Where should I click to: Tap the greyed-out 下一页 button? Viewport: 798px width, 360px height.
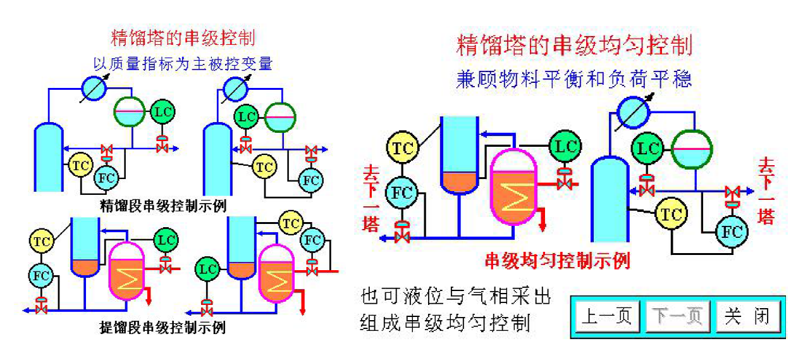click(x=677, y=316)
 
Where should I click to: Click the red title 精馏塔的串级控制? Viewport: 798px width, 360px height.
click(x=183, y=37)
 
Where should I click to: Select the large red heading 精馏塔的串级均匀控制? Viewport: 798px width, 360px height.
click(x=574, y=46)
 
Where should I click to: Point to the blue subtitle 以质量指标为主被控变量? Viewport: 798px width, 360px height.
click(x=183, y=63)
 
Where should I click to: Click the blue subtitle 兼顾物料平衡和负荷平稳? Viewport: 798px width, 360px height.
click(x=574, y=79)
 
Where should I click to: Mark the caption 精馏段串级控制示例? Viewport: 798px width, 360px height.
click(x=163, y=206)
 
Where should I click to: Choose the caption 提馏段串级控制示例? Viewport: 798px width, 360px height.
click(x=163, y=328)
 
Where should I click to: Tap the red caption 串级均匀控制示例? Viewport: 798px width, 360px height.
click(x=557, y=260)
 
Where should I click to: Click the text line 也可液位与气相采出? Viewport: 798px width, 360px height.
click(x=456, y=295)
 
